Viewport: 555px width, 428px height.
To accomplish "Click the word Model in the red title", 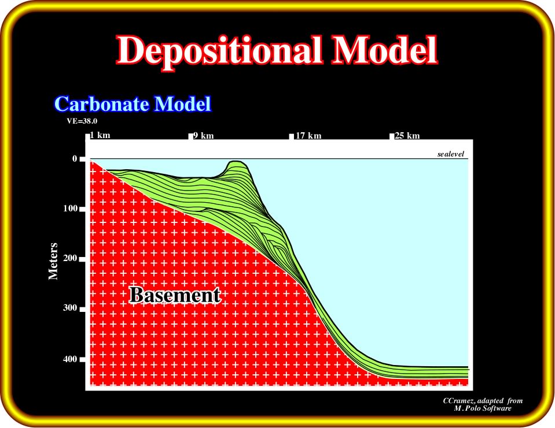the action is [384, 50].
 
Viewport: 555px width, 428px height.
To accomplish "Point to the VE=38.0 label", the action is [82, 121].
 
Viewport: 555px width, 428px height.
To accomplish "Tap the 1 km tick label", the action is [100, 135].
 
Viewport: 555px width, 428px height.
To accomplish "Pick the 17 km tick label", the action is [308, 136].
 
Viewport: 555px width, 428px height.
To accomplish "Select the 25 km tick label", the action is [407, 136].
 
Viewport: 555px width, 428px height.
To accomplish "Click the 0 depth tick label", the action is [75, 159].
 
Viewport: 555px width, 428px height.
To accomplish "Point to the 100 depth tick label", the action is [71, 209].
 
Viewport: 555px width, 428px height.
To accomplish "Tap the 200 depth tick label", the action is [70, 258].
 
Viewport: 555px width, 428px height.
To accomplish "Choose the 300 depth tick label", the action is [70, 308].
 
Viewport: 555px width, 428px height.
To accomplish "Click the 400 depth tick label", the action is [70, 359].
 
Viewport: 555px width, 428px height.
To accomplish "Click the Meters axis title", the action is [53, 261].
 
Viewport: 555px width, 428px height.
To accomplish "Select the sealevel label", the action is [451, 154].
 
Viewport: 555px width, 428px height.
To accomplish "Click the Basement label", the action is [175, 295].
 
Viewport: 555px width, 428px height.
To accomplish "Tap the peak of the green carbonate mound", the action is [235, 161].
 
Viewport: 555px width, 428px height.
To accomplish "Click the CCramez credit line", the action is [483, 401].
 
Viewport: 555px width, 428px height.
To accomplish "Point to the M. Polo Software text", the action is [483, 408].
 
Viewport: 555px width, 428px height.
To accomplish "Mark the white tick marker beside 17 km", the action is [291, 136].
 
